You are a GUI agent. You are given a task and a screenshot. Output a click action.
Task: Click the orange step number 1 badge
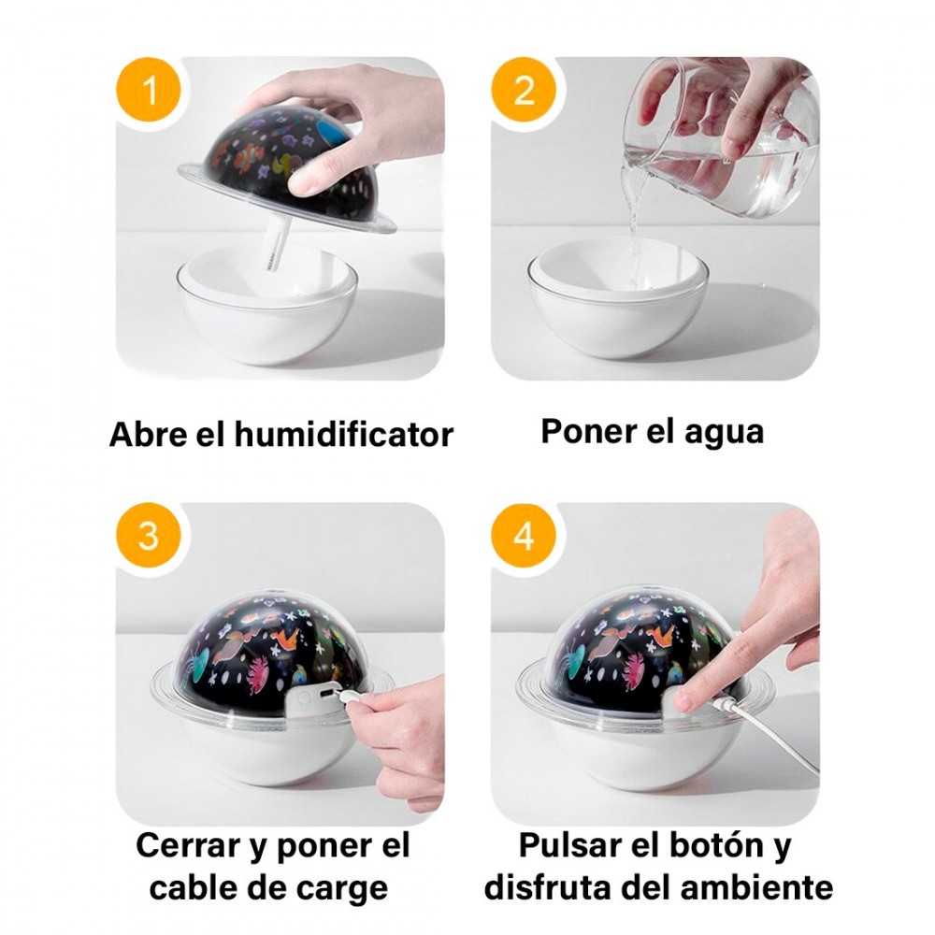pos(149,92)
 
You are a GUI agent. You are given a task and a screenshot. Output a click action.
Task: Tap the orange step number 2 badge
pos(525,92)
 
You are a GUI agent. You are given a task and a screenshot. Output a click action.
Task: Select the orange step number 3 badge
pos(149,538)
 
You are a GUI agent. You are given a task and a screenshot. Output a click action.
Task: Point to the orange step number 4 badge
pos(525,538)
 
